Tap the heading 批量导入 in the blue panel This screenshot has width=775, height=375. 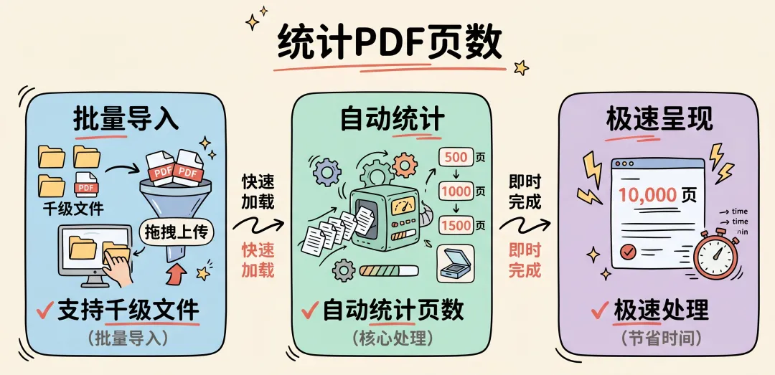click(x=126, y=119)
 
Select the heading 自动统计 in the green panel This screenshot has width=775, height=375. click(x=393, y=119)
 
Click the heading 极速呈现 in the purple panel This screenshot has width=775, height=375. click(x=659, y=119)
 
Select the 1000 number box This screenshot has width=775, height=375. click(x=456, y=191)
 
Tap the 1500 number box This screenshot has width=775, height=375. click(x=456, y=225)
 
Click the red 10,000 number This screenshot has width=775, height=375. click(x=648, y=194)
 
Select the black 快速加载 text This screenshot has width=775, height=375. click(x=258, y=191)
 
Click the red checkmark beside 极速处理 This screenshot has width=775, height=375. click(x=600, y=310)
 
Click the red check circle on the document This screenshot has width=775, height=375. click(x=629, y=252)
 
